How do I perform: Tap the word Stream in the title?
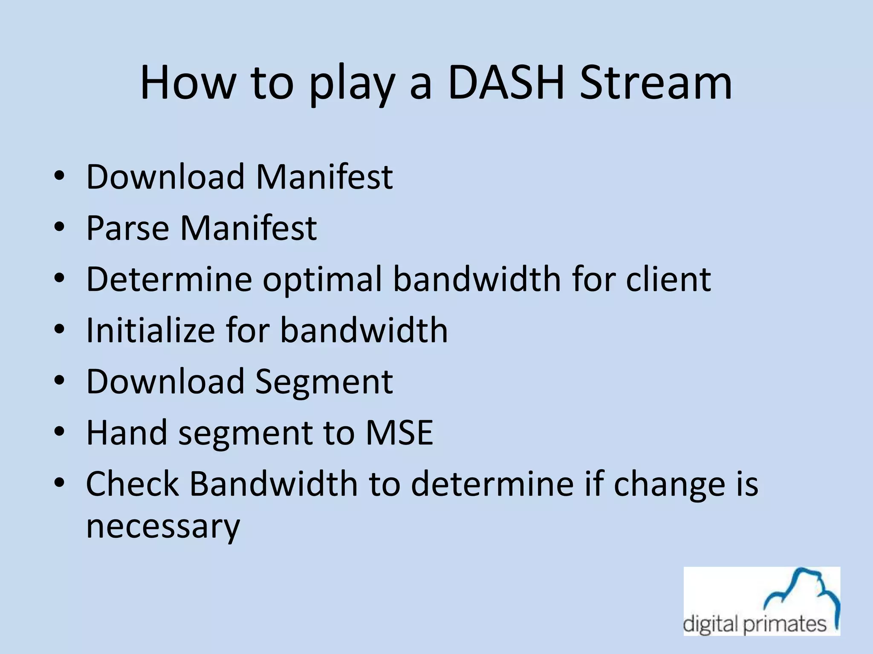point(656,83)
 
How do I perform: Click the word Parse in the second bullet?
point(127,228)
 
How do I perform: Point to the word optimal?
point(323,280)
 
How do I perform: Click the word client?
point(668,280)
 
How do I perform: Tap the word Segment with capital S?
point(324,382)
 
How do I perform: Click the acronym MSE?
point(399,433)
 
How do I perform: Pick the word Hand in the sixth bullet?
point(127,433)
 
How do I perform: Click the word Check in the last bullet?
point(133,484)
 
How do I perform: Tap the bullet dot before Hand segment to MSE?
point(59,432)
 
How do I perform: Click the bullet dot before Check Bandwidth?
point(59,483)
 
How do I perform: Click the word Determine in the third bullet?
point(169,280)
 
